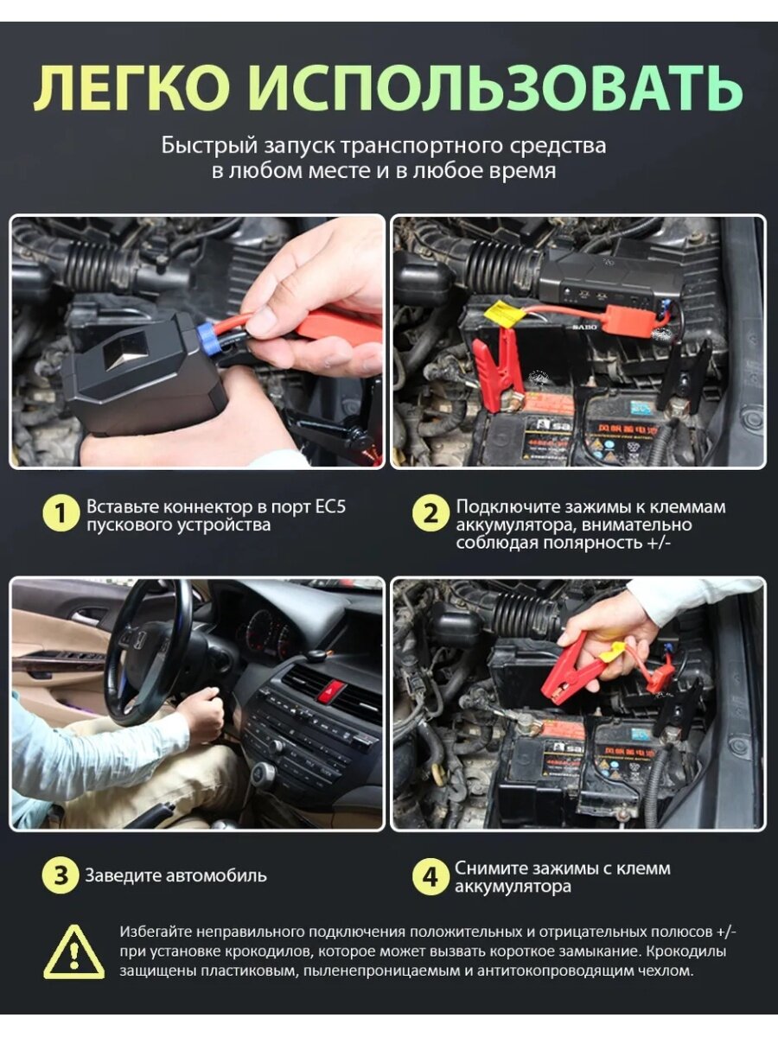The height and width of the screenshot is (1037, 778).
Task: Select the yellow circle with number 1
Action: point(60,514)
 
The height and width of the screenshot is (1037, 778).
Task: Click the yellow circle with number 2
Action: point(430,514)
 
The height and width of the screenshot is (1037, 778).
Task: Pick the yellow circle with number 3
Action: point(60,875)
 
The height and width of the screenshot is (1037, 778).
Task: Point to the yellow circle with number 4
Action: point(430,877)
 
